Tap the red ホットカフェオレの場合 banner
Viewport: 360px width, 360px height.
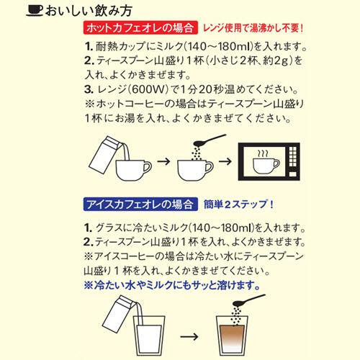129,30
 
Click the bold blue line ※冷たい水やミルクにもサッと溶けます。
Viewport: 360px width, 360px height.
173,284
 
